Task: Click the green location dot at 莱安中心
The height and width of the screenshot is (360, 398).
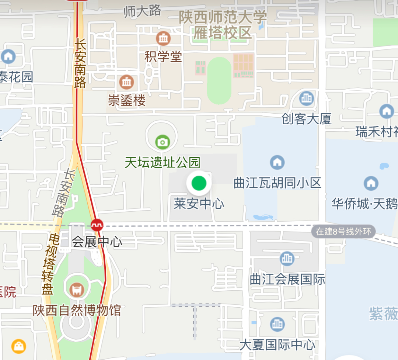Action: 199,183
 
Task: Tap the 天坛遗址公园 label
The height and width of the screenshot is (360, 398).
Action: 163,162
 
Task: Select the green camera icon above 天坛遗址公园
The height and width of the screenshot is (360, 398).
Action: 162,142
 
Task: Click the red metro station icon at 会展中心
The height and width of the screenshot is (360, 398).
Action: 97,225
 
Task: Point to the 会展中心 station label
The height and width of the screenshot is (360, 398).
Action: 97,242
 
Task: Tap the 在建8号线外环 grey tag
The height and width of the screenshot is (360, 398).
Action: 343,232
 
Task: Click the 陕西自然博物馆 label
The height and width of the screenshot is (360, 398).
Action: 77,310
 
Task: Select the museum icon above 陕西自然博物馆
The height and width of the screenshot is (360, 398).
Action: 77,289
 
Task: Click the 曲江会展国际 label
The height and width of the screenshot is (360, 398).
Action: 287,280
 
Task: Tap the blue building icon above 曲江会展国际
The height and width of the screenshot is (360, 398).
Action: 287,259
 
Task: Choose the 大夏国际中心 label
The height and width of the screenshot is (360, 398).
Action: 277,345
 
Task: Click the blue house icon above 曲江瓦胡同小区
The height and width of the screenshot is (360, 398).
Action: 277,162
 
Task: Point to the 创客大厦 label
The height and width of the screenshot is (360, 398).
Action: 307,119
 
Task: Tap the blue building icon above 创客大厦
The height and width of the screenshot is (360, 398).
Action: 306,98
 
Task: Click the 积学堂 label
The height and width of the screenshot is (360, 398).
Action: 163,57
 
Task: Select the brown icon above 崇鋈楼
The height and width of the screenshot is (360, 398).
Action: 127,82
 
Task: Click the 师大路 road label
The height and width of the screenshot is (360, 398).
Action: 143,11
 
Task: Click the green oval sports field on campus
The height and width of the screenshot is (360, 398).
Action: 219,80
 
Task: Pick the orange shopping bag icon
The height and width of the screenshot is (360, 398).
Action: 18,346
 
